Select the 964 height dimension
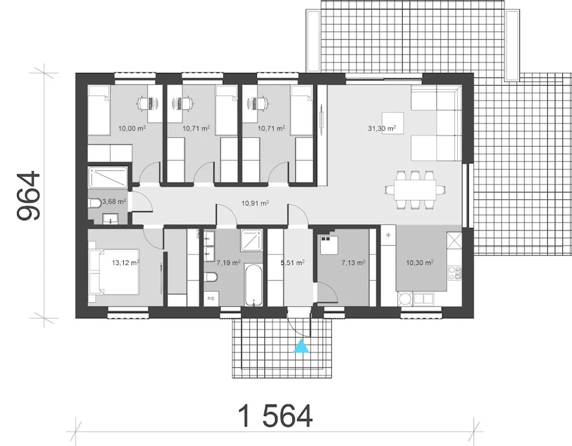click(28, 195)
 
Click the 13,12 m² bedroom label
click(126, 262)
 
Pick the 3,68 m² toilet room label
click(114, 202)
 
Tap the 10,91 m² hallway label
click(255, 203)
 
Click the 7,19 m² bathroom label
click(228, 262)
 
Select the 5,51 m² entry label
click(293, 262)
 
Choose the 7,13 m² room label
click(353, 262)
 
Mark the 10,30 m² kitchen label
click(420, 262)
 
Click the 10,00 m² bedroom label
click(132, 128)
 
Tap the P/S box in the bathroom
click(211, 299)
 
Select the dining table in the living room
click(415, 190)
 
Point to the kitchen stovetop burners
click(455, 273)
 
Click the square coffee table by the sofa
click(393, 123)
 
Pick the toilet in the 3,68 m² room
click(94, 203)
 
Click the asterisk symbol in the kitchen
click(388, 235)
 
